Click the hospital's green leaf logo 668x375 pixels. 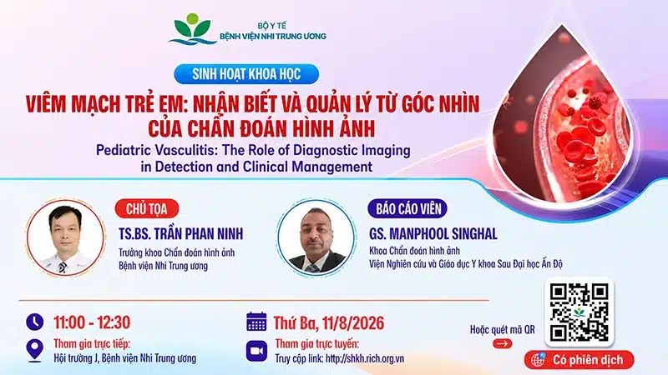pyautogui.click(x=193, y=29)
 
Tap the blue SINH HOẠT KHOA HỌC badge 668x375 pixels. pyautogui.click(x=246, y=74)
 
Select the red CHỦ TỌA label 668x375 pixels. pyautogui.click(x=147, y=209)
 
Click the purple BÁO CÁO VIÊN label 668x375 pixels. pyautogui.click(x=407, y=209)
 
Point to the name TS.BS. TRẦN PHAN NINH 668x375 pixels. pyautogui.click(x=180, y=234)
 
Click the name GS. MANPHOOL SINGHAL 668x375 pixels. pyautogui.click(x=433, y=234)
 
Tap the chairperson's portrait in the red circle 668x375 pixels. pyautogui.click(x=65, y=237)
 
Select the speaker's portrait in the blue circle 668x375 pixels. pyautogui.click(x=316, y=237)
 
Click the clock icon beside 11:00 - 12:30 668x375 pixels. pyautogui.click(x=35, y=322)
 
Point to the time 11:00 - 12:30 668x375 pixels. pyautogui.click(x=92, y=322)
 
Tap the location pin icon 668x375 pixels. pyautogui.click(x=34, y=350)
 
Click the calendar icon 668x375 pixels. pyautogui.click(x=256, y=322)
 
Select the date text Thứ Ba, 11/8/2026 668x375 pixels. pyautogui.click(x=328, y=323)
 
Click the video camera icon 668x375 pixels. pyautogui.click(x=256, y=351)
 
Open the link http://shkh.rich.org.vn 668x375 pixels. pyautogui.click(x=365, y=358)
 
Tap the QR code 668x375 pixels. pyautogui.click(x=579, y=312)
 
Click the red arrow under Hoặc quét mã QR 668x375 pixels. pyautogui.click(x=503, y=343)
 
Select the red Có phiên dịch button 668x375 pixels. pyautogui.click(x=579, y=360)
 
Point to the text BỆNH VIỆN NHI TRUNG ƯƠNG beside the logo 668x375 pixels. pyautogui.click(x=273, y=37)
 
